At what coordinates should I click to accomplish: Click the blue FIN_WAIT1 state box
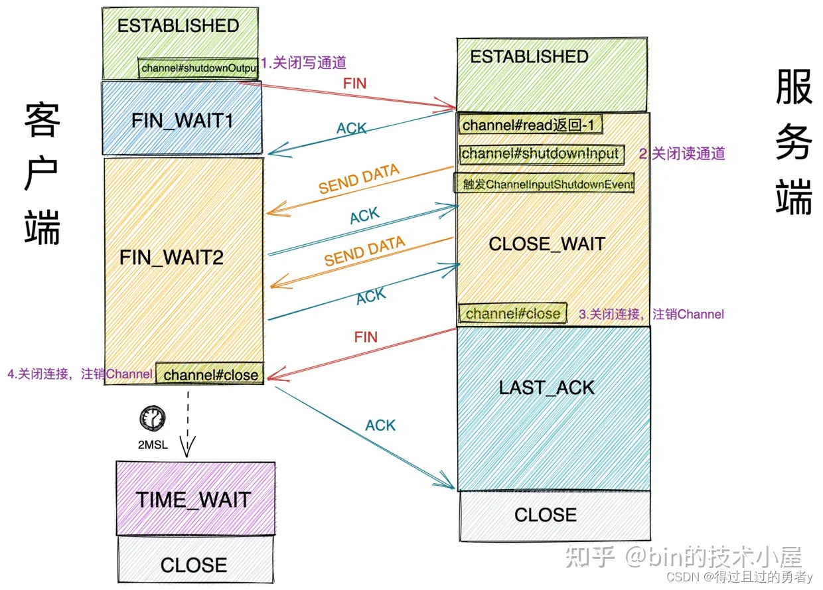coord(181,119)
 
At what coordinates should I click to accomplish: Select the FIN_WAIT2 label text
coord(171,258)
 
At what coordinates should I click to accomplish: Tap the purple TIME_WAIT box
coord(194,499)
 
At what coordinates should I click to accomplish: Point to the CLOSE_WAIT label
coord(547,244)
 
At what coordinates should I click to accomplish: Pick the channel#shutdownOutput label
coord(198,68)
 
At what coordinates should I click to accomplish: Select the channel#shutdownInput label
coord(541,154)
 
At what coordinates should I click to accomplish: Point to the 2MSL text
coord(153,445)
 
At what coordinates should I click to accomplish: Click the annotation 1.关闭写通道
coord(304,63)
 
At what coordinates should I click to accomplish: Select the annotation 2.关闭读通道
coord(682,154)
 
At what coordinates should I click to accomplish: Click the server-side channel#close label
coord(513,313)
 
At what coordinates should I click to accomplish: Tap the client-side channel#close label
coord(210,374)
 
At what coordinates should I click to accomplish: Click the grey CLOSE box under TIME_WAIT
coord(194,563)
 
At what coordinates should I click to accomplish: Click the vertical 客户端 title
coord(42,174)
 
